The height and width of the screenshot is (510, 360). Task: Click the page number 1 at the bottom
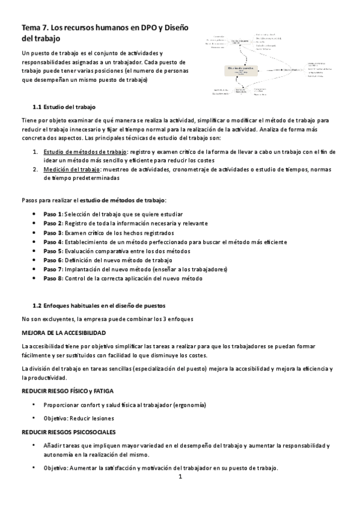pos(180,478)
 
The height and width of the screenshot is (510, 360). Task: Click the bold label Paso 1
pos(53,214)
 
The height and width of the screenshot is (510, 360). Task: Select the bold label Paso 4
pos(53,242)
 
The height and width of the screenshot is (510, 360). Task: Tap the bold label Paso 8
pos(53,278)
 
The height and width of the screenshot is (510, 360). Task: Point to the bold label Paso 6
pos(53,260)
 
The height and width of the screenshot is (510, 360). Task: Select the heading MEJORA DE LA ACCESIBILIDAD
pos(64,333)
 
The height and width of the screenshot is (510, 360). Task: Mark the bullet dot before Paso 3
pos(37,233)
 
